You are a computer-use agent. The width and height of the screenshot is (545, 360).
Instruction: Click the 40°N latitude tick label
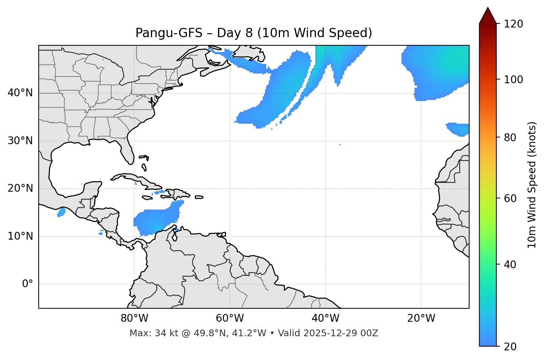coord(20,93)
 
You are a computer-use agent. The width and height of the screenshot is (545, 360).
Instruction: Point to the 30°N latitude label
coord(20,141)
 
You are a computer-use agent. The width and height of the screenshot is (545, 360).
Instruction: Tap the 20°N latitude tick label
coord(20,188)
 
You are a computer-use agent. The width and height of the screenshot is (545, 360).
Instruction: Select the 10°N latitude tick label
coord(20,236)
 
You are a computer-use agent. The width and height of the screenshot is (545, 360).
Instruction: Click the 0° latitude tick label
coord(28,284)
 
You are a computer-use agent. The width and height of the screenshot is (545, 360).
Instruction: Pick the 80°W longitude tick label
coord(134,318)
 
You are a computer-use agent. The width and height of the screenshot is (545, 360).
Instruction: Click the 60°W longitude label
coord(230,318)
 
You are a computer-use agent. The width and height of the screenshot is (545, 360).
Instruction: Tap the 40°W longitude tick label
coord(325,318)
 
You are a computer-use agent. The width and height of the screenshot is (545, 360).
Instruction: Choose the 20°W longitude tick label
coord(421,318)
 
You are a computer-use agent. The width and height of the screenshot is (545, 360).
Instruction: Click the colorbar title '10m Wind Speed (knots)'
coord(532,185)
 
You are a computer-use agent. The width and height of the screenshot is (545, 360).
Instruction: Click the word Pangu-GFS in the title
coord(169,33)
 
